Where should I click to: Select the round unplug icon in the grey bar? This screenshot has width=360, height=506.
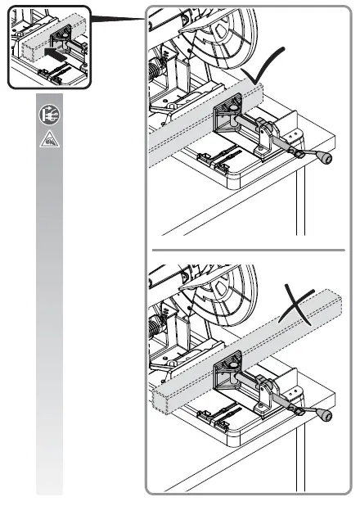coord(48,117)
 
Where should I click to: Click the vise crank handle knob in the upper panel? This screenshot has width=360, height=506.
coord(325,157)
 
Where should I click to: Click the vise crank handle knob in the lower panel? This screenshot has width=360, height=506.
coord(327,417)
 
